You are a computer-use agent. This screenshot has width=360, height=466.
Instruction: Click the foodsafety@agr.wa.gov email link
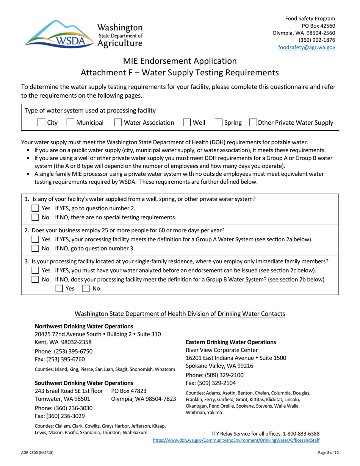[x=307, y=47]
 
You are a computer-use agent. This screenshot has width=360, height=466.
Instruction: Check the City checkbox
[x=41, y=123]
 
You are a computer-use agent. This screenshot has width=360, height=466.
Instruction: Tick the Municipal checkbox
[x=70, y=123]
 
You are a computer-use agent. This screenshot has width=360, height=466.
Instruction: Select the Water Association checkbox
[x=118, y=123]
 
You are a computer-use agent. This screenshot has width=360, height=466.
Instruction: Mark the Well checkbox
[x=186, y=123]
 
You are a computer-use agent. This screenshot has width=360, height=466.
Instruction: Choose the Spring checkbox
[x=218, y=123]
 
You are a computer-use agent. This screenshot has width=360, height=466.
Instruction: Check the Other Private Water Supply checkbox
[x=252, y=123]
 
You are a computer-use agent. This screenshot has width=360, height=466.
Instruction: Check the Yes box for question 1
[x=34, y=208]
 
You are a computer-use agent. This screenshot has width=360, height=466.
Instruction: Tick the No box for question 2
[x=34, y=249]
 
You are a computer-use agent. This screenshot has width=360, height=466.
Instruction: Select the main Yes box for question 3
[x=34, y=271]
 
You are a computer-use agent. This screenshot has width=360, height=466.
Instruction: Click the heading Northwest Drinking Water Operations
[x=84, y=326]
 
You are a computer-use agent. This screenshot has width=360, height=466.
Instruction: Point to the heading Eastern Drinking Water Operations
[x=231, y=342]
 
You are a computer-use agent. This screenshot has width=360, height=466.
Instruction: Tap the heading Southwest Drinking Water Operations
[x=84, y=383]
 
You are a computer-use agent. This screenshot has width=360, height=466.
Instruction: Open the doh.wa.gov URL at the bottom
[x=236, y=441]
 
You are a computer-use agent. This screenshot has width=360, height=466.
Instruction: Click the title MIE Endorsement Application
[x=180, y=61]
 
